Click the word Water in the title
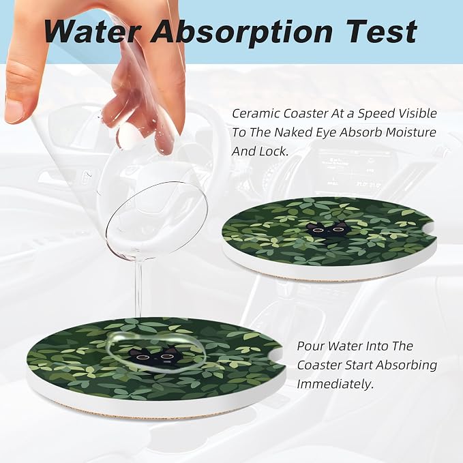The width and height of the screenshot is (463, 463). (x=92, y=31)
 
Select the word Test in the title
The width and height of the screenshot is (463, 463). (x=381, y=31)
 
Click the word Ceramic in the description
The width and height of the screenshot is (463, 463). (x=256, y=113)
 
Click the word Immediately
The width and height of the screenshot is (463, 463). (x=335, y=385)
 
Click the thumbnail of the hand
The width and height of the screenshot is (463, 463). (x=15, y=110)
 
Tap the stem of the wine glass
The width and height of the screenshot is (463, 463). (x=138, y=287)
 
